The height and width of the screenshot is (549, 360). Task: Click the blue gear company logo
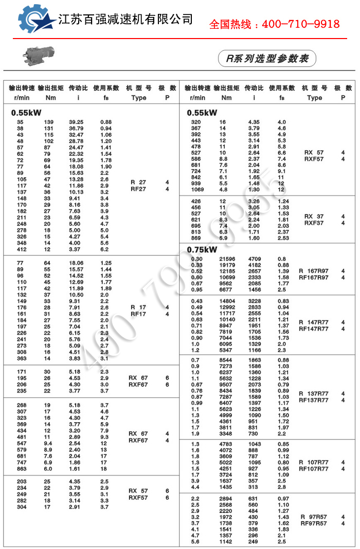[x=35, y=20]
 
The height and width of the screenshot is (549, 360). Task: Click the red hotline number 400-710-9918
[x=274, y=24]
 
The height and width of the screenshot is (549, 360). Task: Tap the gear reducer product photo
[x=37, y=55]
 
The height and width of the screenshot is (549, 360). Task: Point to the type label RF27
[x=138, y=189]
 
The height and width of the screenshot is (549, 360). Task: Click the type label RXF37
[x=314, y=223]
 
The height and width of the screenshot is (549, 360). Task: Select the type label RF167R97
[x=313, y=278]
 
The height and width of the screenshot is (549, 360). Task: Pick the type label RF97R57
[x=313, y=523]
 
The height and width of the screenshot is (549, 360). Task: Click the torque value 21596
[x=226, y=259]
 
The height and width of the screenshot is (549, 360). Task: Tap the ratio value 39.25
[x=76, y=122]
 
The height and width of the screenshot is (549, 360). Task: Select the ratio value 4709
[x=255, y=259]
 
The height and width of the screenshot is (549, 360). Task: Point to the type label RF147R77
[x=313, y=329]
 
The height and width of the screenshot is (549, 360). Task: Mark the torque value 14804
[x=226, y=301]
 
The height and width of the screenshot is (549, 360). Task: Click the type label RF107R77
[x=313, y=469]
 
